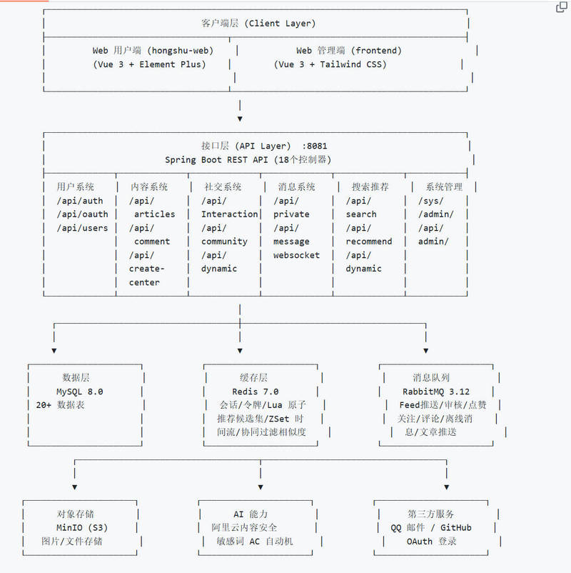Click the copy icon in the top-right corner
(x=561, y=7)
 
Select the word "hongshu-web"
(x=180, y=51)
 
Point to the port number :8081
(x=314, y=146)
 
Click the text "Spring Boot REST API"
(x=216, y=160)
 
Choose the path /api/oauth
(x=82, y=214)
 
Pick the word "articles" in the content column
(x=154, y=214)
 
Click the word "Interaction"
(x=229, y=214)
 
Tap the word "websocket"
(x=296, y=255)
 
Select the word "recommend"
(x=369, y=241)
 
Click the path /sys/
(x=431, y=201)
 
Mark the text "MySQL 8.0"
(x=80, y=392)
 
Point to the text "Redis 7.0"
(x=256, y=392)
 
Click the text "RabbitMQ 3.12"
(x=436, y=392)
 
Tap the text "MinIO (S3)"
(x=82, y=528)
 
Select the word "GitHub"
(x=455, y=528)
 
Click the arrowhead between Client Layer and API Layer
(x=240, y=119)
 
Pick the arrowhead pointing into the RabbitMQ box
(x=425, y=351)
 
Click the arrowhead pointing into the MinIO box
(x=74, y=487)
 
